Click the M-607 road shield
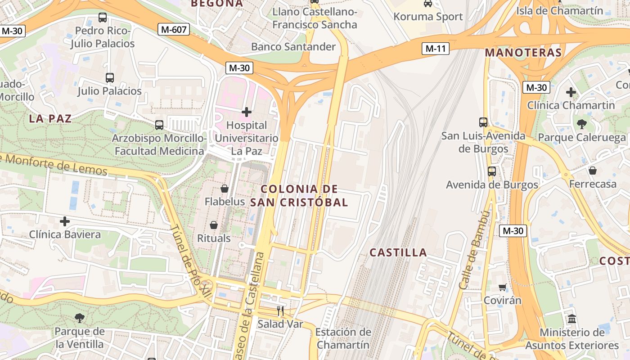point(174,30)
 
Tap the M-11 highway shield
point(436,49)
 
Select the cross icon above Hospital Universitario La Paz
point(246,112)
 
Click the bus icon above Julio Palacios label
point(109,77)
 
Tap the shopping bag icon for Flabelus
point(224,189)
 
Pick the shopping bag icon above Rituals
point(214,225)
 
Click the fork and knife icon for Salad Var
point(280,310)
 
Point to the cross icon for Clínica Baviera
point(65,221)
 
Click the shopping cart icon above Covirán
point(502,287)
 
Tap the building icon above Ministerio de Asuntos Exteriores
point(572,319)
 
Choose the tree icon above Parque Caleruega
point(581,124)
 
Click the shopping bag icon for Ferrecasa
point(592,171)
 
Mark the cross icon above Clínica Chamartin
point(571,93)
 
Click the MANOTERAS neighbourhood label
point(523,53)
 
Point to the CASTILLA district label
point(398,252)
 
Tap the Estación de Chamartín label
point(343,338)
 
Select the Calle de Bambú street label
point(474,250)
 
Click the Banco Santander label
point(293,47)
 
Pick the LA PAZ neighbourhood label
point(50,119)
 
